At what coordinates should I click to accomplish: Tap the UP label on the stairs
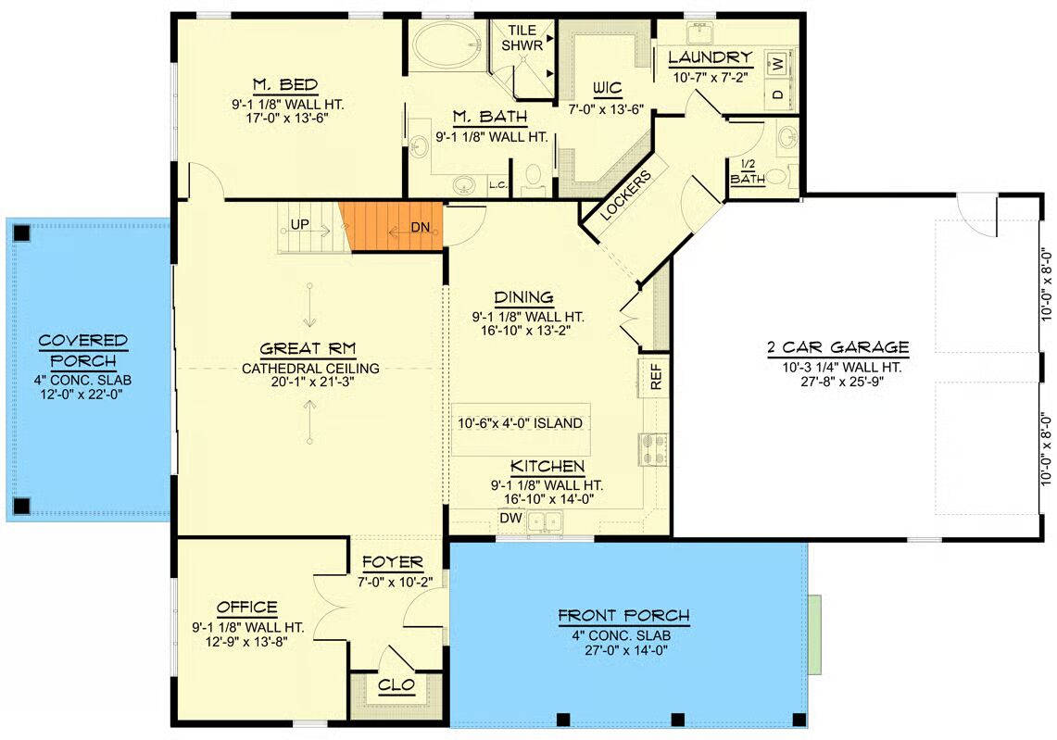point(300,224)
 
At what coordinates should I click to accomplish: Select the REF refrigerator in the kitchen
point(655,377)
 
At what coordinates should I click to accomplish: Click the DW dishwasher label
point(511,518)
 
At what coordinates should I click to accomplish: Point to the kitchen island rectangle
point(521,430)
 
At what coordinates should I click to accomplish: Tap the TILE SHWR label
point(522,38)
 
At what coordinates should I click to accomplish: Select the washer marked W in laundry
point(778,65)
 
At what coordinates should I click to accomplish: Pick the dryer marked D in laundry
point(778,94)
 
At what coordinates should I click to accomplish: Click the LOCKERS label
point(625,194)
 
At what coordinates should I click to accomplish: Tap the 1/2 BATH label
point(748,172)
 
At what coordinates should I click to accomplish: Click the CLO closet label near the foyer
point(396,685)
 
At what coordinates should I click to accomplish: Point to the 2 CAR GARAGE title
point(838,347)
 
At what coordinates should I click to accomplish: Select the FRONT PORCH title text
point(623,615)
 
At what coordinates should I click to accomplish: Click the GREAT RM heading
point(308,348)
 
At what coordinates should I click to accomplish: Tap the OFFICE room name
point(246,608)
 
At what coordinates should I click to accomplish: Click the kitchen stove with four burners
point(652,449)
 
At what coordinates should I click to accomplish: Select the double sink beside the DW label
point(544,522)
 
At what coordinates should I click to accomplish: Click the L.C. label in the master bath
point(498,184)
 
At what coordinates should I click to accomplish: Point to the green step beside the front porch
point(815,634)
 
